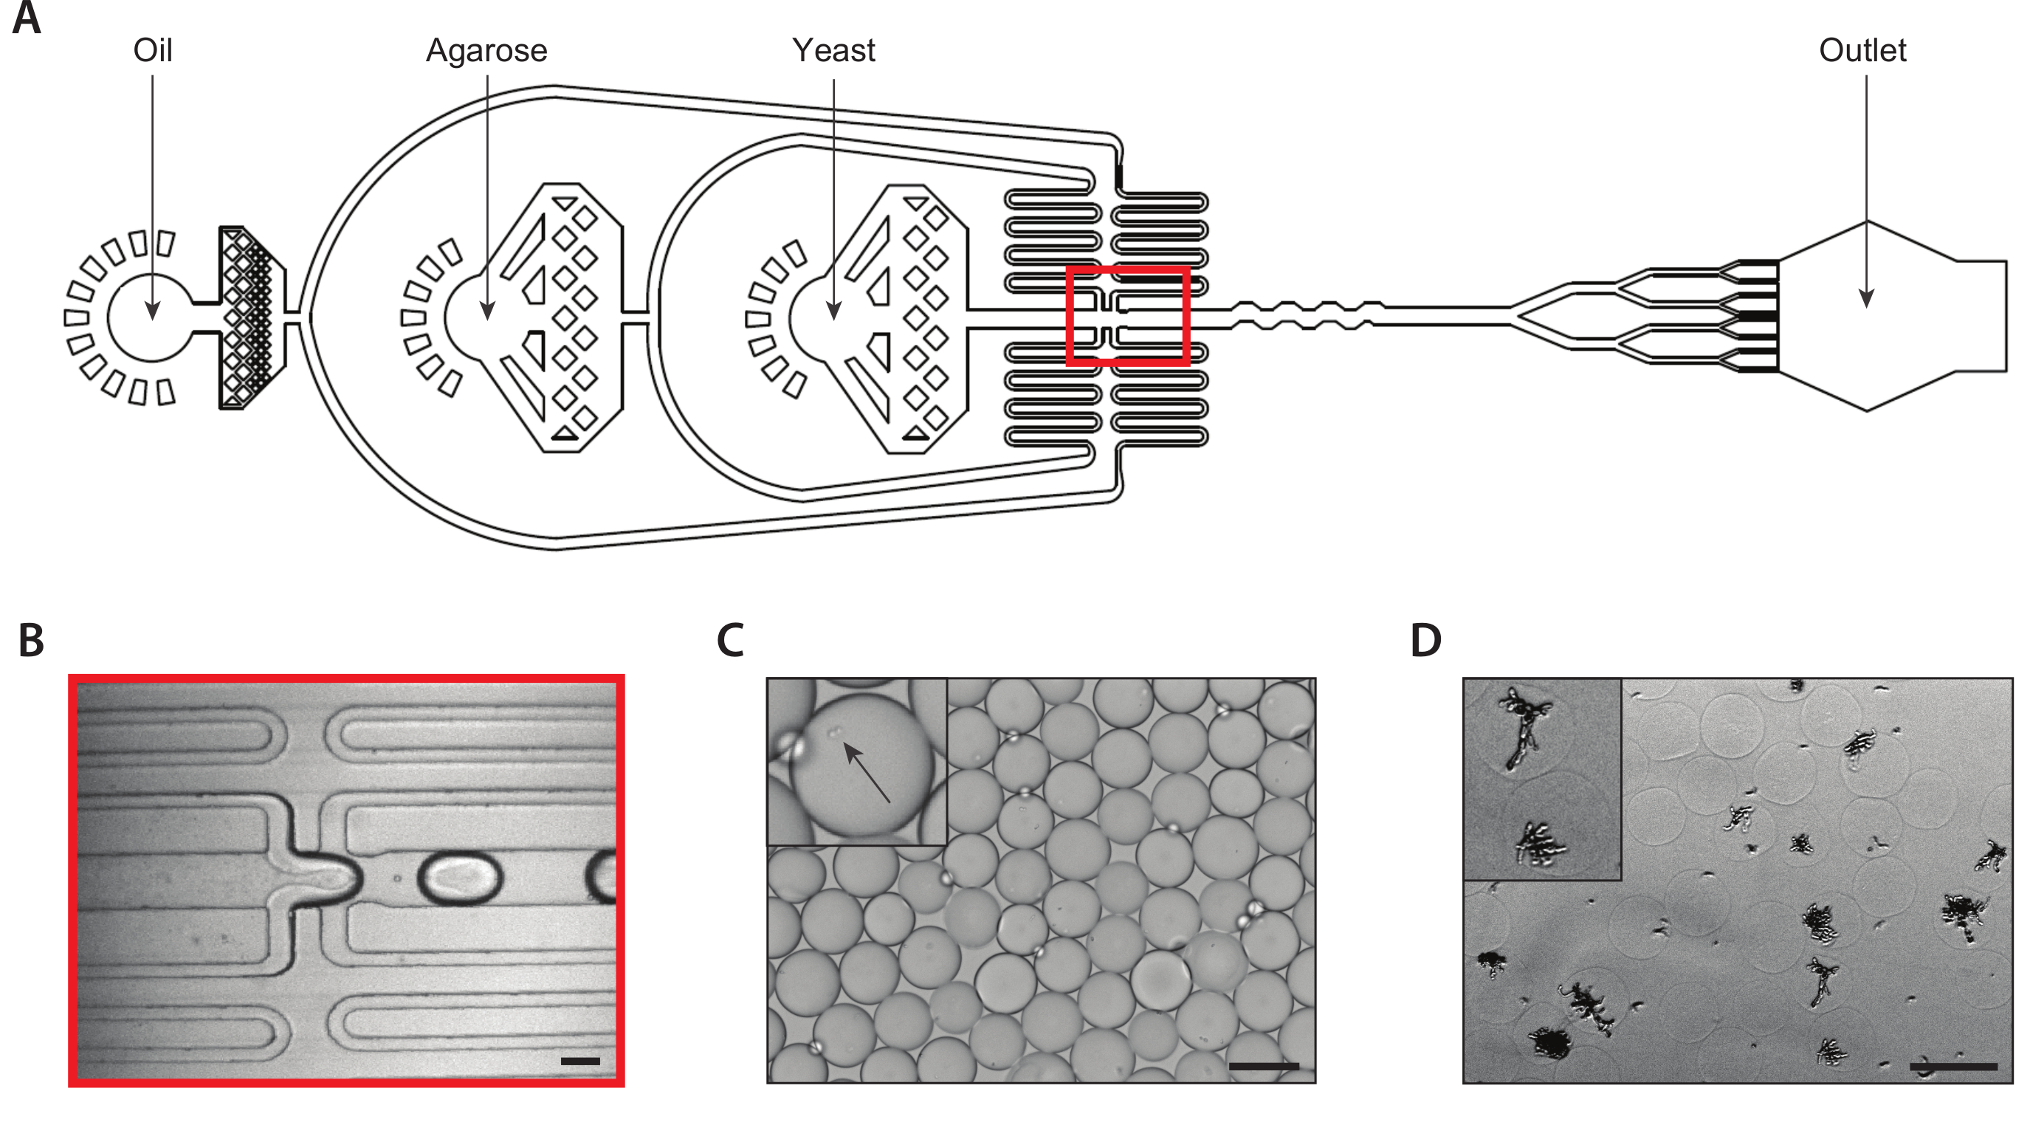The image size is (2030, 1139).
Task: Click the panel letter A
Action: [x=27, y=18]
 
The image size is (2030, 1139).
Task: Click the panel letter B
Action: [x=31, y=640]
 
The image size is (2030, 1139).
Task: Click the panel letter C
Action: [x=731, y=640]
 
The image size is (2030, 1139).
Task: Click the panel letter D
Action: [x=1425, y=640]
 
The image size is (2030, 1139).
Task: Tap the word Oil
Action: [x=153, y=50]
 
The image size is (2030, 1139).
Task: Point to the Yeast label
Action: [x=833, y=50]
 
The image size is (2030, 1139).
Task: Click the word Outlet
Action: [x=1862, y=50]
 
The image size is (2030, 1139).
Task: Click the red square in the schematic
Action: [x=1128, y=316]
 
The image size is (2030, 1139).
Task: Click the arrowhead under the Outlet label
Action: [x=1866, y=298]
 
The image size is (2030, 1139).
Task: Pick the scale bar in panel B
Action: [x=580, y=1061]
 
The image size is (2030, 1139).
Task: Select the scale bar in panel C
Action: [x=1264, y=1067]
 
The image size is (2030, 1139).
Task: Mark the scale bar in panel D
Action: [x=1952, y=1067]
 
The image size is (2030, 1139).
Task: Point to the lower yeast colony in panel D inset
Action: [x=1540, y=844]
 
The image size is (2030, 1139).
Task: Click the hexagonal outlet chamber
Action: [x=1891, y=315]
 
